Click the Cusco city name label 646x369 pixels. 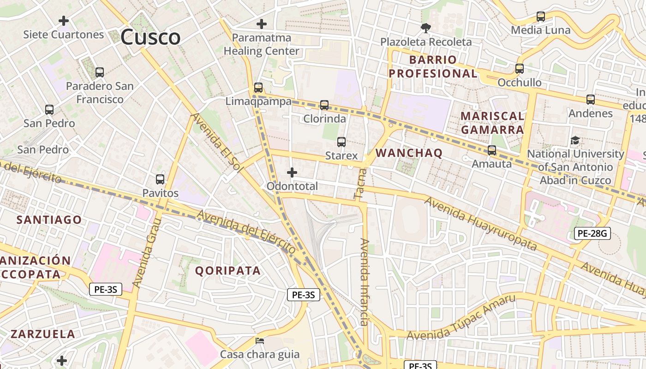tap(150, 37)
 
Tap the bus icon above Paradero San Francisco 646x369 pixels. tap(99, 72)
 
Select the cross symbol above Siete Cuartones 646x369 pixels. tap(64, 21)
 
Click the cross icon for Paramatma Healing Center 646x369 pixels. tap(262, 24)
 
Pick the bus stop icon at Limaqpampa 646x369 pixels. tap(258, 88)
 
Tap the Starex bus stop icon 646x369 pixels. tap(341, 142)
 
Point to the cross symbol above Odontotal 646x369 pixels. tap(292, 173)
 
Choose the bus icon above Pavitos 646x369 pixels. tap(160, 179)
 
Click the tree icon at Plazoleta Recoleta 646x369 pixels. tap(425, 28)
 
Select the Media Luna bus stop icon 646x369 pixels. tap(541, 17)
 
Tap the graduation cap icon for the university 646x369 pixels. tap(575, 140)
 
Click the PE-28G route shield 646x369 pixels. tap(592, 233)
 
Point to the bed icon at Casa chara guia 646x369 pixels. tap(260, 341)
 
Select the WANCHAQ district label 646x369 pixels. tap(409, 153)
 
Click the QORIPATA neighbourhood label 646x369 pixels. tap(228, 270)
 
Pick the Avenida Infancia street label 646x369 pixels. tap(365, 282)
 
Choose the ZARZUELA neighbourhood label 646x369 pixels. tap(43, 334)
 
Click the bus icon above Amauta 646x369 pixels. tap(492, 150)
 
